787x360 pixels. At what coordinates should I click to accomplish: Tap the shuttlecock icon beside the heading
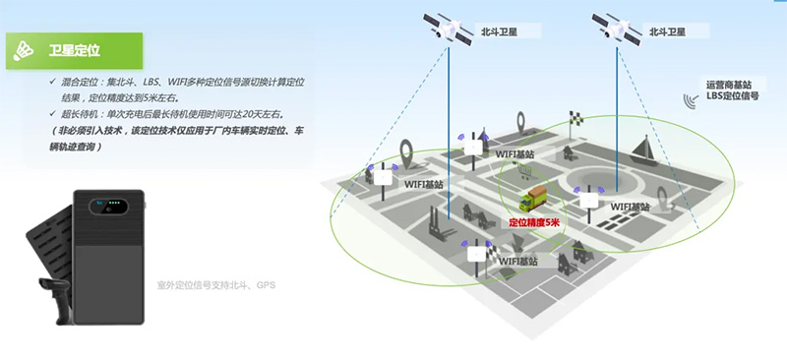[x=28, y=49]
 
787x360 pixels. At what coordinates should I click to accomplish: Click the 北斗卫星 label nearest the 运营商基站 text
[x=672, y=31]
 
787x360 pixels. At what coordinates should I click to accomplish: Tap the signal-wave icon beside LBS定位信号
[x=692, y=98]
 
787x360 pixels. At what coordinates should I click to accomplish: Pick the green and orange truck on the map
[x=535, y=199]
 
